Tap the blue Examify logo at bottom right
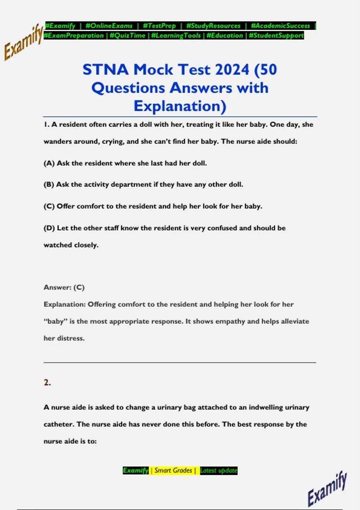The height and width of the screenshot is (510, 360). (327, 489)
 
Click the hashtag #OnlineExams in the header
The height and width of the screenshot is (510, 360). (109, 26)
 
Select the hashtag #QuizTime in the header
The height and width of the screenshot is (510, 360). (127, 36)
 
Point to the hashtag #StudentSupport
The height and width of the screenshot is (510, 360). (276, 36)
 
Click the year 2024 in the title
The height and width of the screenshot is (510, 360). (232, 70)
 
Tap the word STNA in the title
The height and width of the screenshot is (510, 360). (106, 70)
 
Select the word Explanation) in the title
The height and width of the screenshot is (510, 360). (180, 106)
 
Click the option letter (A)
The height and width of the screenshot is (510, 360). (49, 163)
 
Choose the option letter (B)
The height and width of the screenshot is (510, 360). (49, 184)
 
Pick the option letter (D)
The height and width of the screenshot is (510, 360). (49, 228)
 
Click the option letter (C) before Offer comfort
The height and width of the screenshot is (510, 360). (49, 206)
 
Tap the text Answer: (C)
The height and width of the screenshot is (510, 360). (64, 287)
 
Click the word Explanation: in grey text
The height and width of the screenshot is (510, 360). (64, 304)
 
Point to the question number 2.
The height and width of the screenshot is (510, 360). (47, 382)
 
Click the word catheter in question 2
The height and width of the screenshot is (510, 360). (58, 424)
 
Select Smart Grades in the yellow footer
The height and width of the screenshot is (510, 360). (173, 470)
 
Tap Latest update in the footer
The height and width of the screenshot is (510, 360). (219, 470)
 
